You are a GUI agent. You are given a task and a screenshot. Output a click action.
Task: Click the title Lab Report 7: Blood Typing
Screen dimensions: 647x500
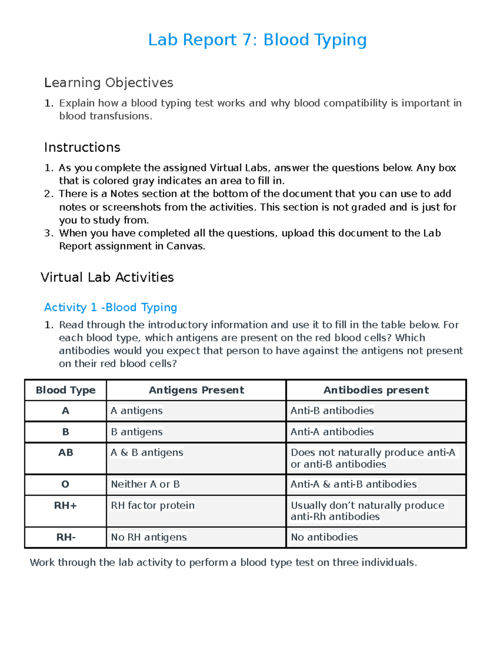click(x=257, y=40)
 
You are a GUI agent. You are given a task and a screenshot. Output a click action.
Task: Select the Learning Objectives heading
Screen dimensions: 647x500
click(x=108, y=82)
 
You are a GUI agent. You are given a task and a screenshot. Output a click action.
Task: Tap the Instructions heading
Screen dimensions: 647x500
click(x=82, y=147)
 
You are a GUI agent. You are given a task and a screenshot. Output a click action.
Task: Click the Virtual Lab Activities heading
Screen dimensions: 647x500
click(x=107, y=277)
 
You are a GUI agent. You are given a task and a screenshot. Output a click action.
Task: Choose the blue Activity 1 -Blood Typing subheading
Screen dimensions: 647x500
click(x=110, y=307)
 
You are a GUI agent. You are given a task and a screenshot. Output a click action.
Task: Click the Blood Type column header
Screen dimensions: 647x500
click(x=65, y=390)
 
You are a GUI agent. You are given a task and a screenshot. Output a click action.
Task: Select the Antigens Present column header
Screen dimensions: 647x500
click(x=196, y=390)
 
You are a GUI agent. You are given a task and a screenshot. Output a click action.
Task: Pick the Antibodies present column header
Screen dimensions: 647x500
click(x=376, y=390)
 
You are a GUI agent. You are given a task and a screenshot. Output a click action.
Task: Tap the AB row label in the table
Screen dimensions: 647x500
click(x=65, y=452)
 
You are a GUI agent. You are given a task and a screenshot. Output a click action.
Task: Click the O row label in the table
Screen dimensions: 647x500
click(x=65, y=484)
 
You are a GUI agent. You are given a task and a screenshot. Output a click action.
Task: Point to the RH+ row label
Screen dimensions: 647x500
click(x=65, y=505)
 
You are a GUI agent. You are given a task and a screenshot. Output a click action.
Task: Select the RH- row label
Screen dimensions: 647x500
click(x=66, y=537)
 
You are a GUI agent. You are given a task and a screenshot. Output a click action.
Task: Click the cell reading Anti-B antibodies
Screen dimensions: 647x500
click(x=332, y=411)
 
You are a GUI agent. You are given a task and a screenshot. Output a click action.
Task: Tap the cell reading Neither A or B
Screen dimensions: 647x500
click(x=145, y=484)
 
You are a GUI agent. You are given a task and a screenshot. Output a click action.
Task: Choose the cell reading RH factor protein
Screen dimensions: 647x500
click(x=152, y=505)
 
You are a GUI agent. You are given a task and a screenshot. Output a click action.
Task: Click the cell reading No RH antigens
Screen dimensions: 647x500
click(x=149, y=537)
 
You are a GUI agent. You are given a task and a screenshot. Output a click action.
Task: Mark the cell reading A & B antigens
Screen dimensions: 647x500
click(x=147, y=452)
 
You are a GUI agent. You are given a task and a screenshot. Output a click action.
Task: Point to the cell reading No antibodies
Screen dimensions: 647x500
click(x=324, y=537)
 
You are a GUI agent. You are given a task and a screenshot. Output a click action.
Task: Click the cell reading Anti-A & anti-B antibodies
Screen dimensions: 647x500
click(x=353, y=484)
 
